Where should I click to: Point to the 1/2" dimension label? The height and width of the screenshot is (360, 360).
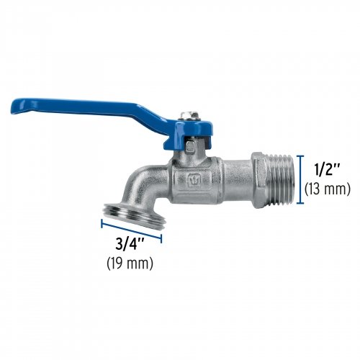pyautogui.click(x=326, y=171)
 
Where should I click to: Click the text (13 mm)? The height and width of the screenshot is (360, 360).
pyautogui.click(x=326, y=190)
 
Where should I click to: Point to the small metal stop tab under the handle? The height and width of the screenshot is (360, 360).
pyautogui.click(x=189, y=148)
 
